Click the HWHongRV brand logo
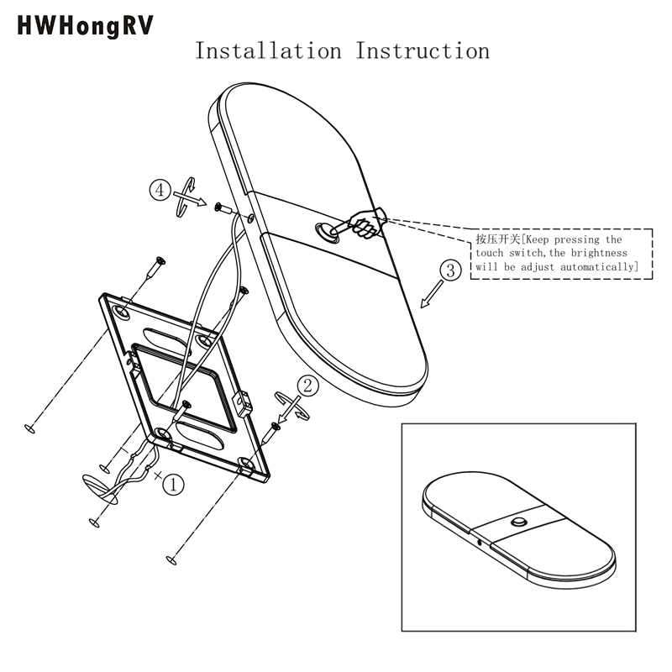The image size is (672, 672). pyautogui.click(x=85, y=26)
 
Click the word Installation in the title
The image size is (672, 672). pyautogui.click(x=268, y=50)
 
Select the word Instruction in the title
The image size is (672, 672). pyautogui.click(x=423, y=50)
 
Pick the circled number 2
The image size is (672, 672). pyautogui.click(x=308, y=386)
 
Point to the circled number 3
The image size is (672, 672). pyautogui.click(x=451, y=270)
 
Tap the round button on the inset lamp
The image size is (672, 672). pyautogui.click(x=517, y=522)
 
